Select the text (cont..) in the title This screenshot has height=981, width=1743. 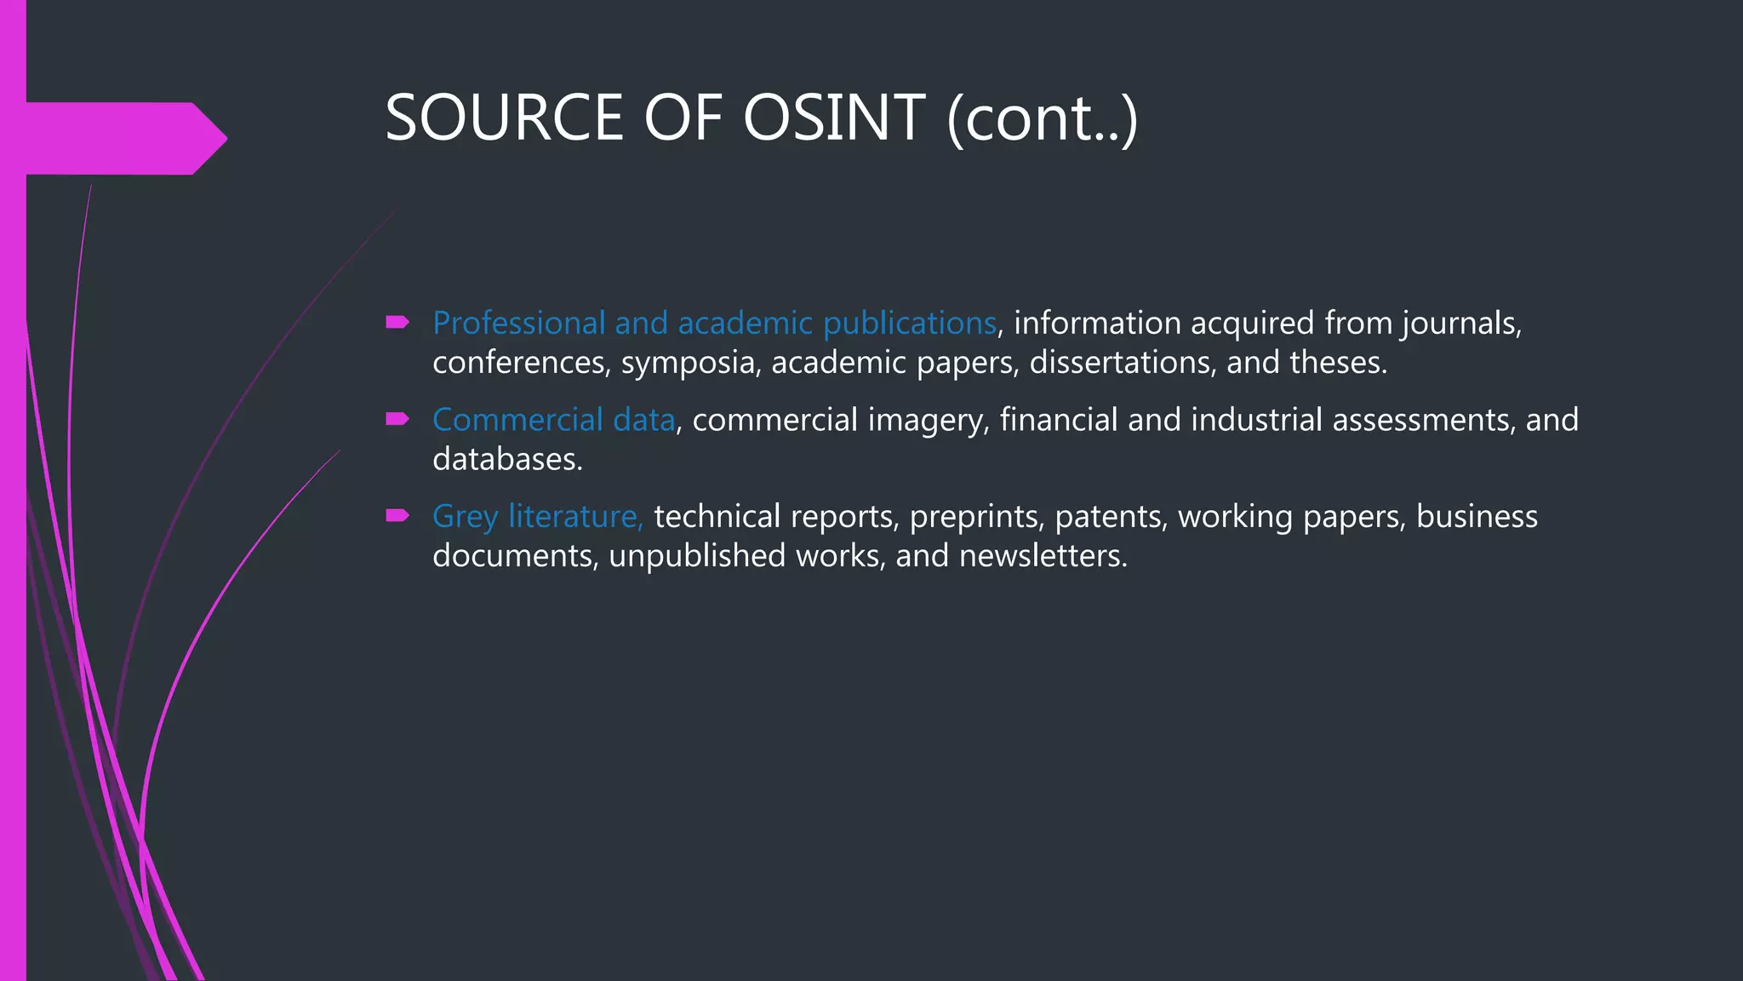point(1042,119)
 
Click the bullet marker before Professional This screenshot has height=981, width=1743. point(397,322)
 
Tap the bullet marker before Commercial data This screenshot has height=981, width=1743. point(397,419)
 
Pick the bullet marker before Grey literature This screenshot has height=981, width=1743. point(397,515)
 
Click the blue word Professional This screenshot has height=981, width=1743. point(518,324)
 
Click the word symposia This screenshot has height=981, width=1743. point(690,364)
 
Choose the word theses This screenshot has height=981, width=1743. point(1337,363)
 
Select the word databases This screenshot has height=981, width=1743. point(507,460)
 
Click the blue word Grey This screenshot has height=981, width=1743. point(465,517)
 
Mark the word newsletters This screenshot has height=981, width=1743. point(1043,556)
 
